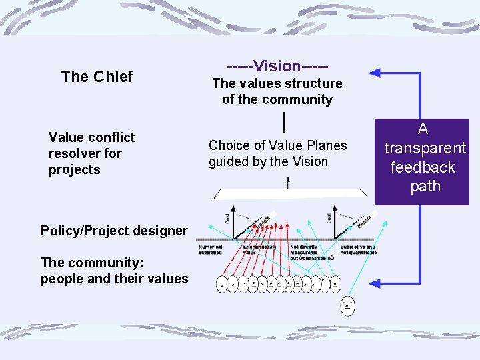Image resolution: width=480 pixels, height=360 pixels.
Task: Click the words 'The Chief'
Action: coord(97,77)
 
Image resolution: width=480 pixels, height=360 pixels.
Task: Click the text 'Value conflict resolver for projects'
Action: coord(91,153)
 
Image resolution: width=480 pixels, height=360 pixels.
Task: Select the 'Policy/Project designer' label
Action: coord(114,231)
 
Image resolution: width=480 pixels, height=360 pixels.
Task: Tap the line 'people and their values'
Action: coord(114,279)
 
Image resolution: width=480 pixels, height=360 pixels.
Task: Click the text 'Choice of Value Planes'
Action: coord(277,145)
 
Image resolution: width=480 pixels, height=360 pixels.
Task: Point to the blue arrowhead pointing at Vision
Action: coord(377,72)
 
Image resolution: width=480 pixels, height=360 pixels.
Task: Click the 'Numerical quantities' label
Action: coord(212,250)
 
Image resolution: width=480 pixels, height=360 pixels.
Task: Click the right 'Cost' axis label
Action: coord(329,217)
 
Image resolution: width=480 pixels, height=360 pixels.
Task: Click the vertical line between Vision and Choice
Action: coord(285,122)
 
